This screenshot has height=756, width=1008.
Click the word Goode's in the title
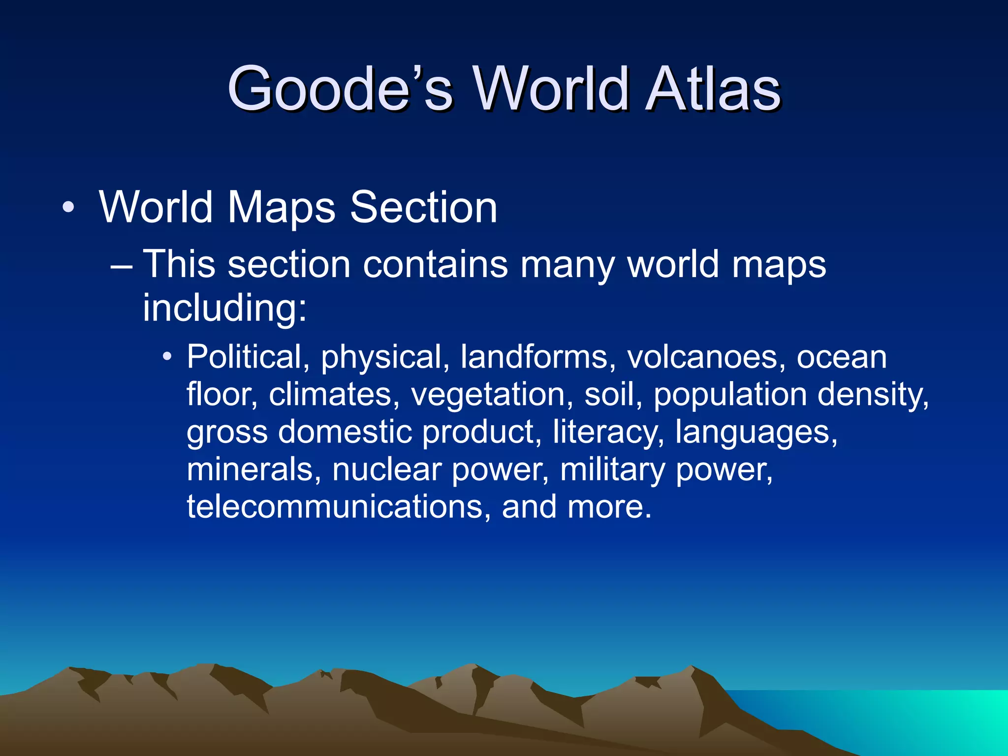click(x=340, y=89)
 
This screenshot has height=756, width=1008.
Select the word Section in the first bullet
click(x=423, y=207)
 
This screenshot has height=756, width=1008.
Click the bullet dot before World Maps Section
click(x=69, y=207)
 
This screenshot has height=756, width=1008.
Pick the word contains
click(x=435, y=264)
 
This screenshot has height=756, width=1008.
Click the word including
click(x=224, y=308)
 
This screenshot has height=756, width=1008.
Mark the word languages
click(x=756, y=432)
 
